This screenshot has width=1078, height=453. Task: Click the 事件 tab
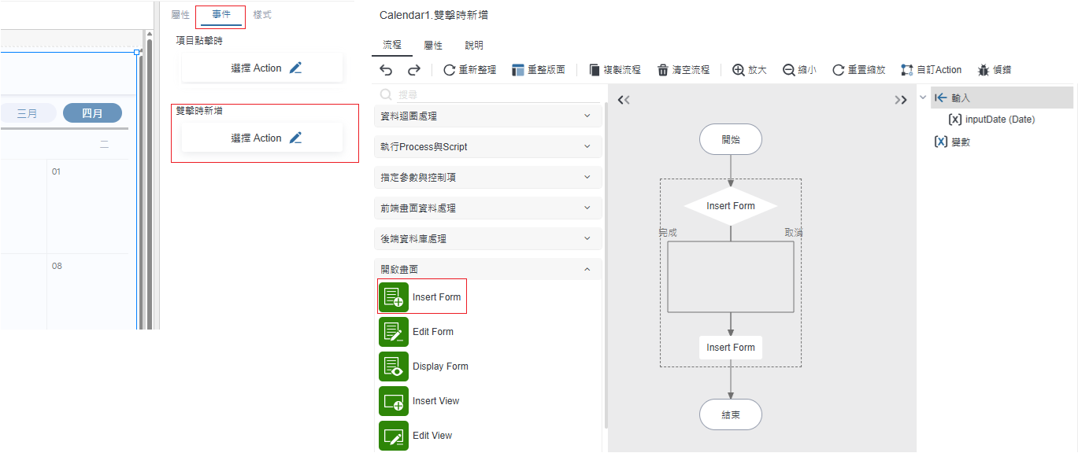point(221,15)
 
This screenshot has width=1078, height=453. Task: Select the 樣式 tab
point(262,15)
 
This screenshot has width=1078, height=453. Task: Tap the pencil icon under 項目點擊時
point(295,68)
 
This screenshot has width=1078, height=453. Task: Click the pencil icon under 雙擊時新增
point(295,138)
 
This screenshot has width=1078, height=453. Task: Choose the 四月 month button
point(92,113)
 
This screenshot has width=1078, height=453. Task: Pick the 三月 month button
point(28,113)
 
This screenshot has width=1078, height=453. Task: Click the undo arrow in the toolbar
point(386,70)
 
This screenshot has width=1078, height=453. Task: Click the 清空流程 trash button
point(683,70)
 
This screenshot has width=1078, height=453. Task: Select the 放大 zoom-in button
point(749,70)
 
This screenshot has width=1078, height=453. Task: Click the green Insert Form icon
point(394,297)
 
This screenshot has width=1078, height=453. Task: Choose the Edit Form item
point(432,332)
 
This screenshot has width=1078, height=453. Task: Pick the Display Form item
point(439,366)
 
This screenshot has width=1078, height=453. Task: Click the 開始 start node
point(730,139)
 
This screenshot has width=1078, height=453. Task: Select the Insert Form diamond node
point(730,206)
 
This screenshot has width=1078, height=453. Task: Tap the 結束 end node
point(730,414)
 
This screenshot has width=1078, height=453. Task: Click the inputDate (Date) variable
point(999,120)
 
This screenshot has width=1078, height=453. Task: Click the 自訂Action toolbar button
point(932,70)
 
